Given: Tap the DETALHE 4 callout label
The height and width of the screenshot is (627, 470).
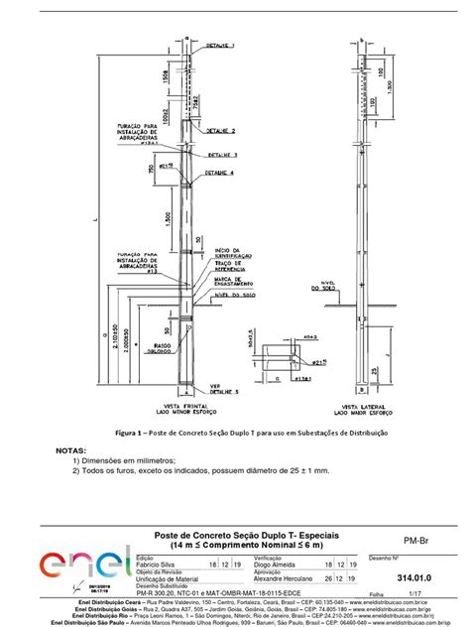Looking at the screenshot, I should pos(220,176).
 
